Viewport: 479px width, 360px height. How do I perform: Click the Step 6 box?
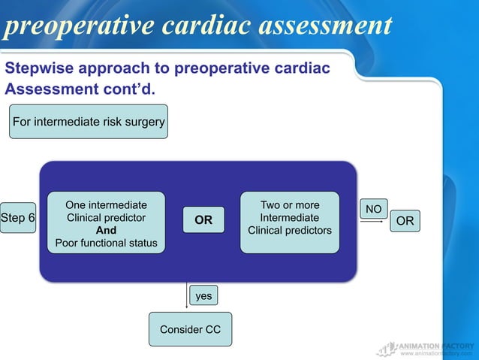coord(18,218)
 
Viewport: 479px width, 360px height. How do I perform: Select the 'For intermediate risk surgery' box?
coord(89,122)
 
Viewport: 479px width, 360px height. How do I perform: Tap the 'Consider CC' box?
coord(190,329)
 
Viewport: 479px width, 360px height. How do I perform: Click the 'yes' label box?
coord(203,296)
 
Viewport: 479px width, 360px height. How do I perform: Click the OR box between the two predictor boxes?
coord(203,220)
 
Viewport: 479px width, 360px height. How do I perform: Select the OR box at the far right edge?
coord(405,220)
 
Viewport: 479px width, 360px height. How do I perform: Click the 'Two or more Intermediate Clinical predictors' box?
coord(289,218)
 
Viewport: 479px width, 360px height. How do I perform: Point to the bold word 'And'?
coord(106,231)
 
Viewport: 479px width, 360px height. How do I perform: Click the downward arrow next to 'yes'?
coord(186,295)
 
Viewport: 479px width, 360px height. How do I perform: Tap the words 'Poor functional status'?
coord(106,243)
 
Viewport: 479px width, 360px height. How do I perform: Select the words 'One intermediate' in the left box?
coord(106,205)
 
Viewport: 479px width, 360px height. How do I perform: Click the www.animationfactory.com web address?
coord(436,352)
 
